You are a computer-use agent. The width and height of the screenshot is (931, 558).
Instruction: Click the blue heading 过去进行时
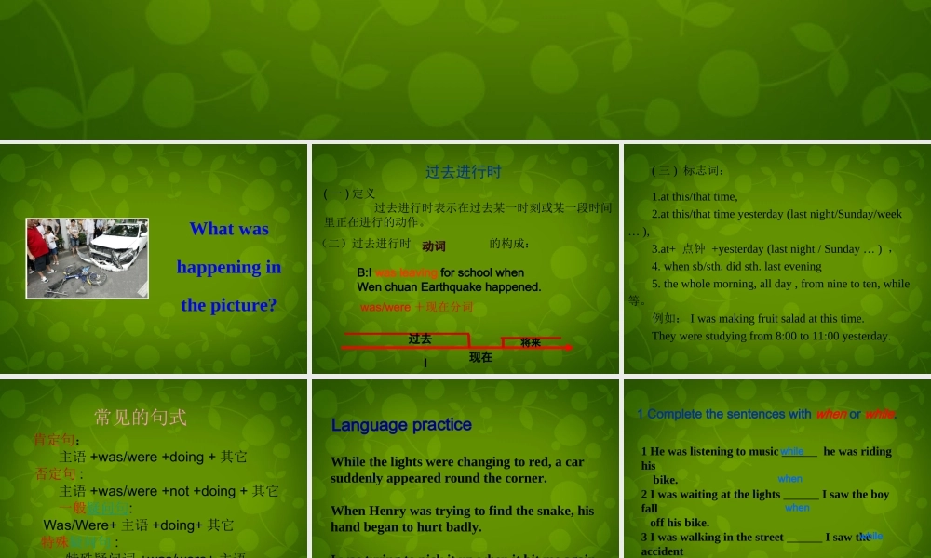point(464,172)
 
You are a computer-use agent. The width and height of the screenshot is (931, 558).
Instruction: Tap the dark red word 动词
point(434,246)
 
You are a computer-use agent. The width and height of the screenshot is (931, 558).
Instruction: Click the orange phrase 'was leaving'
point(406,272)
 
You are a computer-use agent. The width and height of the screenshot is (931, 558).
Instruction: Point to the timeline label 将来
point(531,342)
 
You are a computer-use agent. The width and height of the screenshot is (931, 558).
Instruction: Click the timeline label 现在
point(480,357)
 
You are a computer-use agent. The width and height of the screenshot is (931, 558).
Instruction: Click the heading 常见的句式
point(140,417)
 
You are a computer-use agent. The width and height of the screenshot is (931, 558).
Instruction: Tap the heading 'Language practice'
point(401,425)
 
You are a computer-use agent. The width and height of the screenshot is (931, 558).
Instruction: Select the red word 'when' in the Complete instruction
point(830,414)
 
